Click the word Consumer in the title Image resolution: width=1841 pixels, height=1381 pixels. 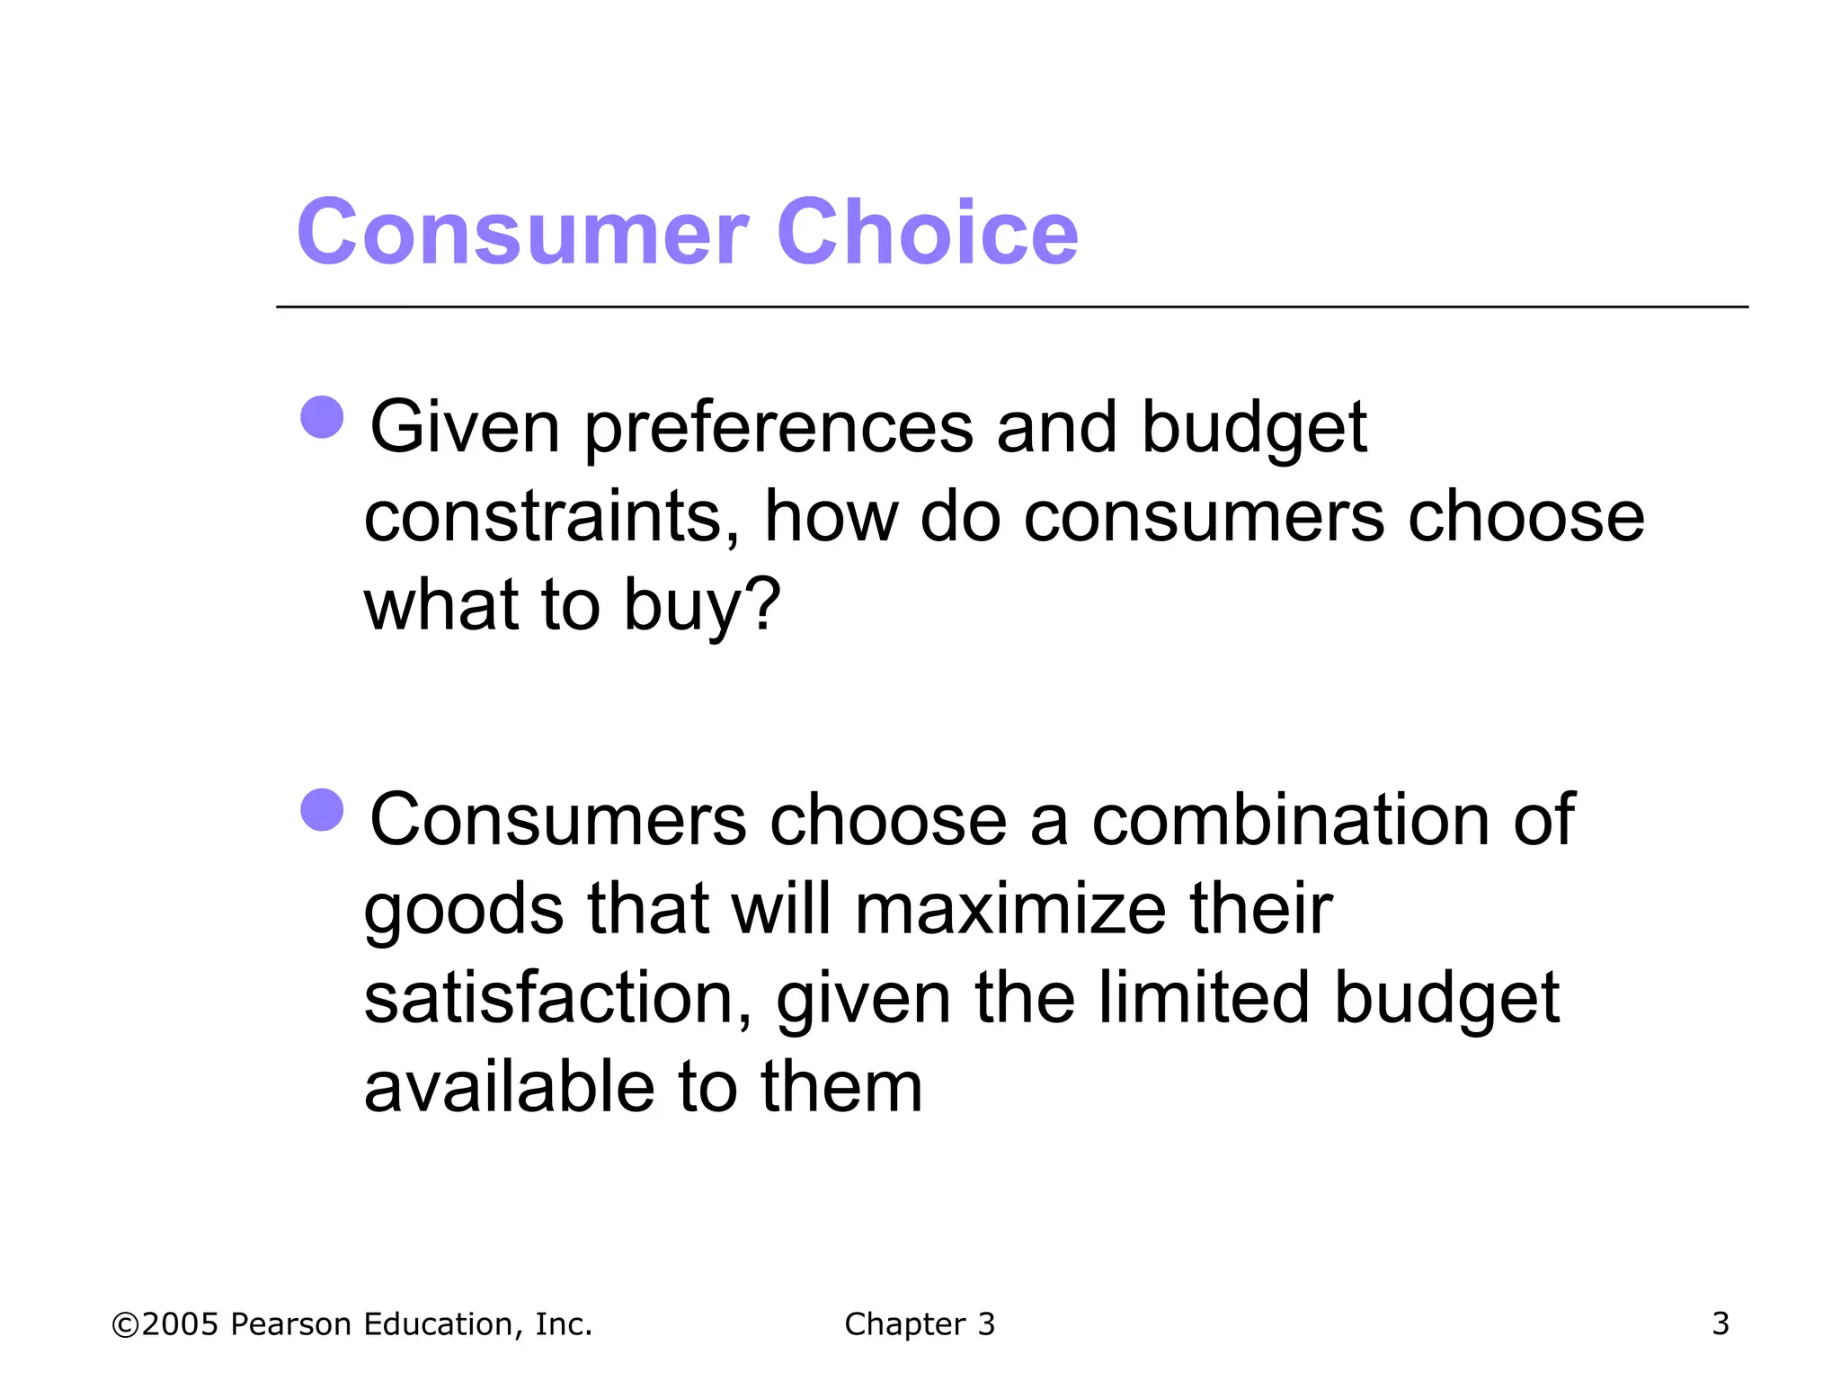click(522, 234)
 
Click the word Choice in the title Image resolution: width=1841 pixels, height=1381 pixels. click(927, 234)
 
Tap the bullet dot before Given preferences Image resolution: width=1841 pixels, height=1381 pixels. click(322, 417)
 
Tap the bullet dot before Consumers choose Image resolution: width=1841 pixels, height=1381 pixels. click(322, 810)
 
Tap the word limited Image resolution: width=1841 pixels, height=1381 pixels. click(1204, 999)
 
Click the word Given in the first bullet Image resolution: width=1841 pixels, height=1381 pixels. click(465, 428)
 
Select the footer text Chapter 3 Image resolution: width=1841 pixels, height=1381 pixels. click(920, 1324)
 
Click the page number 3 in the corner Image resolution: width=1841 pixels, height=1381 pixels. click(1720, 1323)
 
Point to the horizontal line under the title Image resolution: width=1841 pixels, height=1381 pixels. click(1011, 307)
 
